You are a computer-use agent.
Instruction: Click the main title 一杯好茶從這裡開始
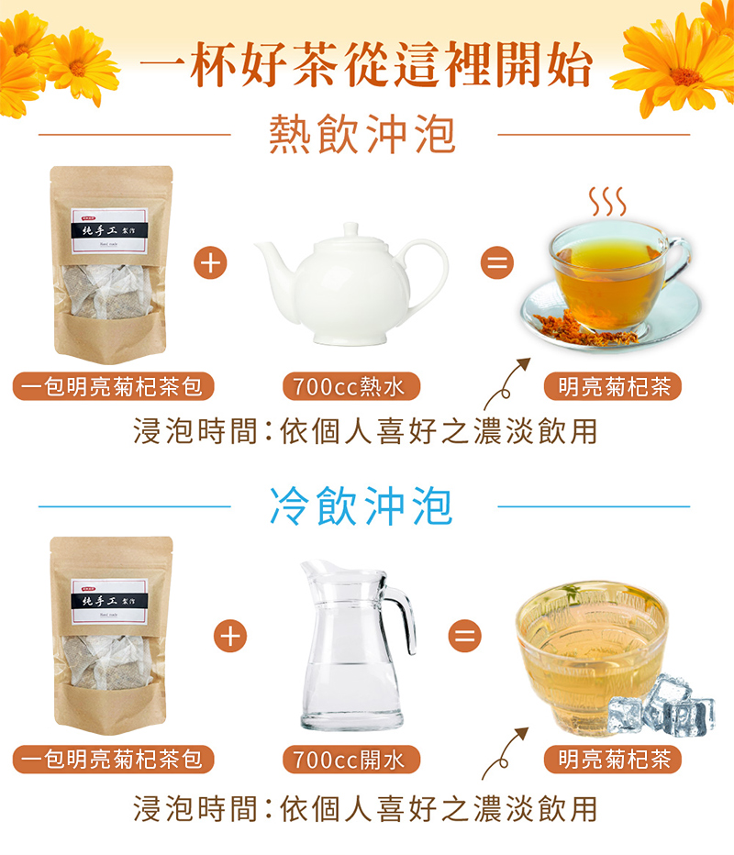point(366,66)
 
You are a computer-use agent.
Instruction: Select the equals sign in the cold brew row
point(465,634)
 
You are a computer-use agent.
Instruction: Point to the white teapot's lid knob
point(350,227)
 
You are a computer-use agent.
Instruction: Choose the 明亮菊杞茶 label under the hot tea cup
point(614,386)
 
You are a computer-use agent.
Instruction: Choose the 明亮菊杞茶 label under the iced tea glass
point(614,759)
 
